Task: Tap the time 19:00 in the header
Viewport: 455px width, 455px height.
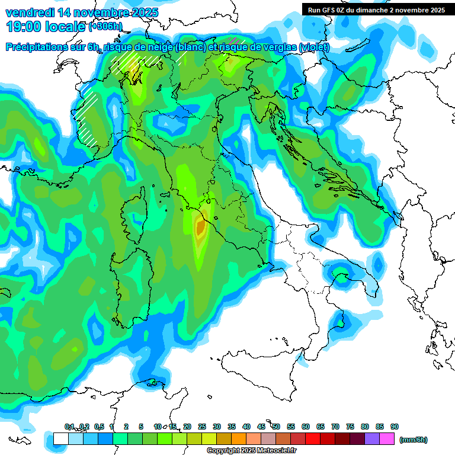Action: coord(23,26)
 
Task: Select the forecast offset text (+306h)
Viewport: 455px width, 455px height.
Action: coord(105,27)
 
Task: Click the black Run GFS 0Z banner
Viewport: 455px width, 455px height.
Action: coord(376,9)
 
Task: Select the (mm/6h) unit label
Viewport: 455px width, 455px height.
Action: coord(413,440)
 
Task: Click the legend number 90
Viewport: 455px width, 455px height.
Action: coord(395,427)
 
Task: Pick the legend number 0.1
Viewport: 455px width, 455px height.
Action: coord(69,427)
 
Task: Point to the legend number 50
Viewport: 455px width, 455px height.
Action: coord(276,427)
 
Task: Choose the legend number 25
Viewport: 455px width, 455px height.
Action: coord(202,427)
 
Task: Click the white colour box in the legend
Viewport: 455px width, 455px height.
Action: coord(60,439)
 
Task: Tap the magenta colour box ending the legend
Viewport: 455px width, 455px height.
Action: coord(387,439)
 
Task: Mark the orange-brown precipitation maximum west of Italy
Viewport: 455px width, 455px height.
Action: coord(200,226)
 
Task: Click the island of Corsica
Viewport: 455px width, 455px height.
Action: coord(133,213)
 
